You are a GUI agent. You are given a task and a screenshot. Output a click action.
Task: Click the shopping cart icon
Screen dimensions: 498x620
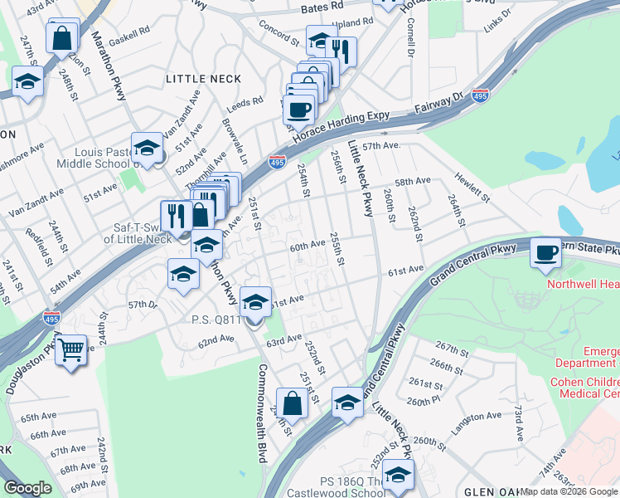(x=71, y=349)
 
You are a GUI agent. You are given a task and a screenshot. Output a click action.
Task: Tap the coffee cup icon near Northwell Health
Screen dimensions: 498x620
(x=545, y=252)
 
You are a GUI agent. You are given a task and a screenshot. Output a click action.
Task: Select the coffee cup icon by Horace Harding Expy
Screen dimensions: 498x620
(x=298, y=109)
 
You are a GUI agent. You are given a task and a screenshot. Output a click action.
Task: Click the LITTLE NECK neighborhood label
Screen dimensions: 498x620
(x=203, y=79)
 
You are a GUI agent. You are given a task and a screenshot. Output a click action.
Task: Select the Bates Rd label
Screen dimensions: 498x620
(x=322, y=7)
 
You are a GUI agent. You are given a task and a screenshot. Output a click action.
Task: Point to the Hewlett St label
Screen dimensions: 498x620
(x=472, y=186)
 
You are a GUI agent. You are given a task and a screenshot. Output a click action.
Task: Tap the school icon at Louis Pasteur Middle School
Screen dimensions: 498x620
(x=147, y=149)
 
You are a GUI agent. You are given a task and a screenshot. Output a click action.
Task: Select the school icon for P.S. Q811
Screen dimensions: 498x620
(x=256, y=300)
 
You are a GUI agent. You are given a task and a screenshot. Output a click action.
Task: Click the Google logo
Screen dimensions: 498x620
(x=28, y=488)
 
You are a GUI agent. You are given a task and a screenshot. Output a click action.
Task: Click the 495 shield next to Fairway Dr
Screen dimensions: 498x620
(x=480, y=95)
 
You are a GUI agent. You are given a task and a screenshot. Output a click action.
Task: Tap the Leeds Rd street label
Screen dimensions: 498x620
(x=245, y=103)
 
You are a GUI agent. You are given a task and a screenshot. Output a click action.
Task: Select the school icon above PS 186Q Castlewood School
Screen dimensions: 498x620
(x=398, y=475)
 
